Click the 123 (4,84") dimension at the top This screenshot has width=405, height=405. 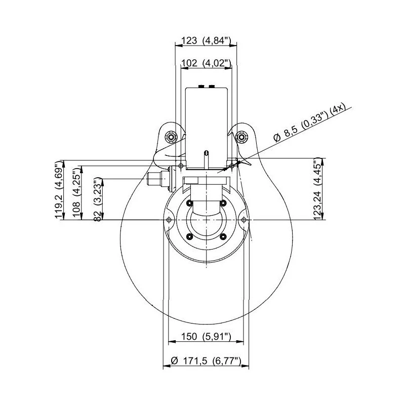[x=206, y=41]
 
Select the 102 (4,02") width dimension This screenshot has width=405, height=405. [x=206, y=63]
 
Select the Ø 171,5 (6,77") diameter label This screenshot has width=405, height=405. [x=206, y=360]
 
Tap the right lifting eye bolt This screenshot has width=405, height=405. [x=242, y=137]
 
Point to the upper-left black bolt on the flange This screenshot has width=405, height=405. [x=189, y=203]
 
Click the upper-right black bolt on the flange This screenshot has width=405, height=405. [x=223, y=203]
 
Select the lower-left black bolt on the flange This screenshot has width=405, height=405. [x=189, y=236]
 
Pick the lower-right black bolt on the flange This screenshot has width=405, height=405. [x=223, y=236]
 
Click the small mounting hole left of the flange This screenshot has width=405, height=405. [x=169, y=219]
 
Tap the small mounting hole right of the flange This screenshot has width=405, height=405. [x=245, y=219]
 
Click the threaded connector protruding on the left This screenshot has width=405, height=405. [x=154, y=178]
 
